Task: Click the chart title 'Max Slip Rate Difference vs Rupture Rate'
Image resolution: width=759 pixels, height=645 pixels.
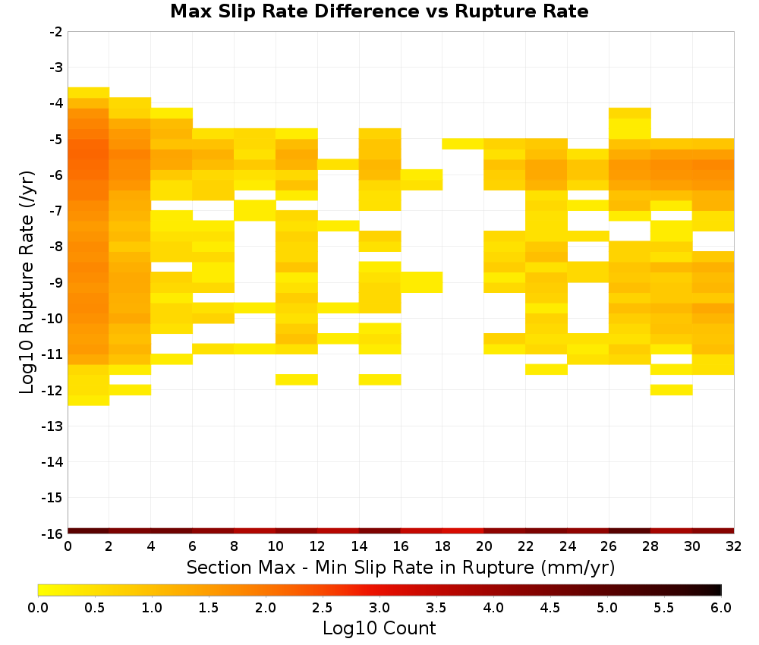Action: click(379, 11)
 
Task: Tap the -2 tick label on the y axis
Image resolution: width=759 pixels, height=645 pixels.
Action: click(56, 32)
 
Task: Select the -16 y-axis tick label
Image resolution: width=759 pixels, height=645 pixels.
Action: click(52, 533)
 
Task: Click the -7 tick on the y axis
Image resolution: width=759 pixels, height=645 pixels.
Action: click(56, 211)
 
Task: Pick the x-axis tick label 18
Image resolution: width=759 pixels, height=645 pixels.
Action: click(442, 547)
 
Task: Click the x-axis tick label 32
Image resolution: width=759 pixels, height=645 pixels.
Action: click(734, 547)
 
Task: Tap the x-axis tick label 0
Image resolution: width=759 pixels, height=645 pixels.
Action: click(68, 547)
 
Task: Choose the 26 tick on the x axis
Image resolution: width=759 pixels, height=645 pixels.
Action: click(609, 547)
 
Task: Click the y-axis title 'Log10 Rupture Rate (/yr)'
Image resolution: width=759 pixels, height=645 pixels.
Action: click(27, 282)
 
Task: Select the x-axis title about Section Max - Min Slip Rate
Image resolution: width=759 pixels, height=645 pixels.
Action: click(401, 568)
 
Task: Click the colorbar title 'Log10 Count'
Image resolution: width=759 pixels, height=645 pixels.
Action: click(379, 628)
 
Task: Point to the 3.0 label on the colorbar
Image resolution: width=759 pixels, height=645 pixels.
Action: click(379, 608)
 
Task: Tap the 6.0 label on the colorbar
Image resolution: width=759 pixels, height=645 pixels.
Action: click(721, 608)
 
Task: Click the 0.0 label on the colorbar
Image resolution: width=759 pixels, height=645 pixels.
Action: click(38, 608)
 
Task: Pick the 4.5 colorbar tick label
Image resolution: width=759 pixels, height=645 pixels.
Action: click(550, 608)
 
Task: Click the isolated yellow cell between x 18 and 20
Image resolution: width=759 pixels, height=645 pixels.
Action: click(463, 143)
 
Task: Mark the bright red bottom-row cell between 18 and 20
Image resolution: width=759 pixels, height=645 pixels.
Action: click(463, 531)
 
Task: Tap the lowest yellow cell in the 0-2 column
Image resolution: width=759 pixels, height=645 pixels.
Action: click(89, 400)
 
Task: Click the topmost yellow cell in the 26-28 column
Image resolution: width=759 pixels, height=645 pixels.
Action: click(630, 113)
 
